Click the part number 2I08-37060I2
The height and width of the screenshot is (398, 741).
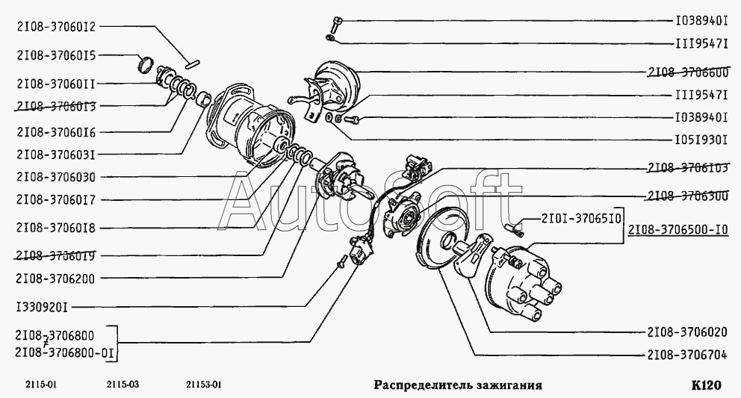[x=56, y=26]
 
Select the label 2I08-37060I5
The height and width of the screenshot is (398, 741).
[x=56, y=55]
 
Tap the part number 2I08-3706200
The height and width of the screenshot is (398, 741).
[x=56, y=279]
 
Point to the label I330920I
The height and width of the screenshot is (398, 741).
[x=42, y=308]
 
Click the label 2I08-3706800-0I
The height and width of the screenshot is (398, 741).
[x=66, y=353]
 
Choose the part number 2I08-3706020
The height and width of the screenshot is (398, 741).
[x=687, y=332]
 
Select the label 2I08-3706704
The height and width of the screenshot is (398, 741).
[x=687, y=355]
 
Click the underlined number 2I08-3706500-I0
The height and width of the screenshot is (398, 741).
[x=678, y=230]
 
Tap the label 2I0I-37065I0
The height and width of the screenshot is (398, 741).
[x=581, y=218]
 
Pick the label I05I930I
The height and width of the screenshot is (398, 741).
[x=701, y=140]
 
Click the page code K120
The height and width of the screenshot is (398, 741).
[x=707, y=385]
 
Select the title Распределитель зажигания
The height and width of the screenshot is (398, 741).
[x=458, y=385]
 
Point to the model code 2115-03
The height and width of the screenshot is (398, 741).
[x=123, y=385]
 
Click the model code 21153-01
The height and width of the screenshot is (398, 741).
[x=203, y=385]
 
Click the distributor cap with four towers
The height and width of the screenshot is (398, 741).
[x=522, y=284]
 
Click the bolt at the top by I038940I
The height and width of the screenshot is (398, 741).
[x=336, y=25]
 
